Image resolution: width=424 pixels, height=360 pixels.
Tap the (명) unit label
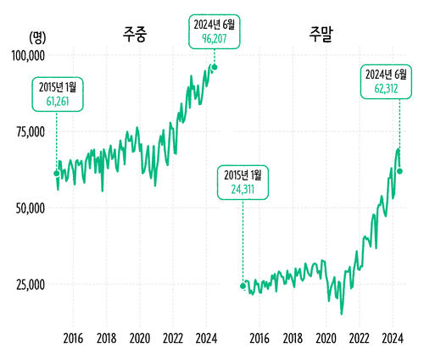click(x=38, y=36)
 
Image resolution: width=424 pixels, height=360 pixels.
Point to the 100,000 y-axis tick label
click(x=27, y=55)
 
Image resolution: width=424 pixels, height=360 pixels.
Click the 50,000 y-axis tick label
click(x=30, y=208)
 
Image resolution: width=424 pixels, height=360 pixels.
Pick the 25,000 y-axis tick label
click(x=30, y=284)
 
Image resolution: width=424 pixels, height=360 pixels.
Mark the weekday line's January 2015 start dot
click(x=57, y=174)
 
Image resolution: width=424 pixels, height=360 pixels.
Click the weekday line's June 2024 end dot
click(x=215, y=67)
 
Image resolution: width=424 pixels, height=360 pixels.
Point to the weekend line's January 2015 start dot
click(x=243, y=285)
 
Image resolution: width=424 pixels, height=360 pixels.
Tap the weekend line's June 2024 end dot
click(x=399, y=171)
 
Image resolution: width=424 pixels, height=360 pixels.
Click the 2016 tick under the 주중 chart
click(x=73, y=339)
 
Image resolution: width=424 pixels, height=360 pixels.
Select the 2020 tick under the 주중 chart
click(x=140, y=339)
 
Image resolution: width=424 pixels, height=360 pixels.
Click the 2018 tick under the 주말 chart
click(x=293, y=339)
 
